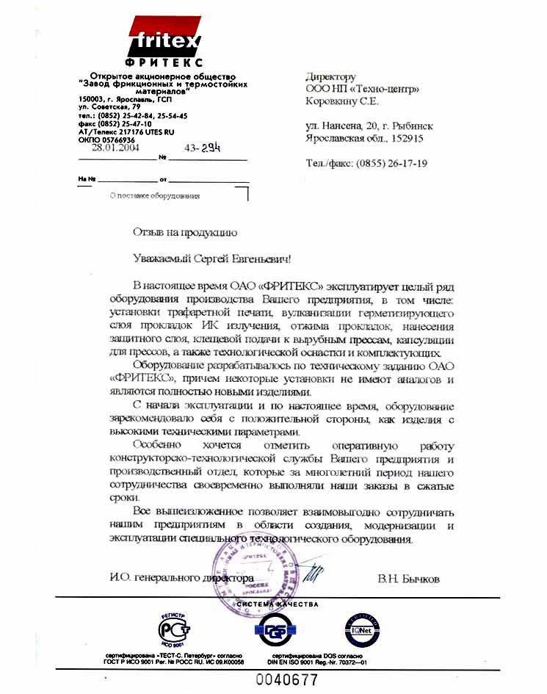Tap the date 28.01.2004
click(115, 147)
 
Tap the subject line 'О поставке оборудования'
click(154, 196)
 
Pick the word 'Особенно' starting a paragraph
click(157, 446)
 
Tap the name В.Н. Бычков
click(409, 579)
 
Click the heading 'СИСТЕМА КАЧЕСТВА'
click(278, 604)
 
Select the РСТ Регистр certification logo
click(175, 629)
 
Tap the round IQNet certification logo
click(363, 629)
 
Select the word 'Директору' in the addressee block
click(330, 76)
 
